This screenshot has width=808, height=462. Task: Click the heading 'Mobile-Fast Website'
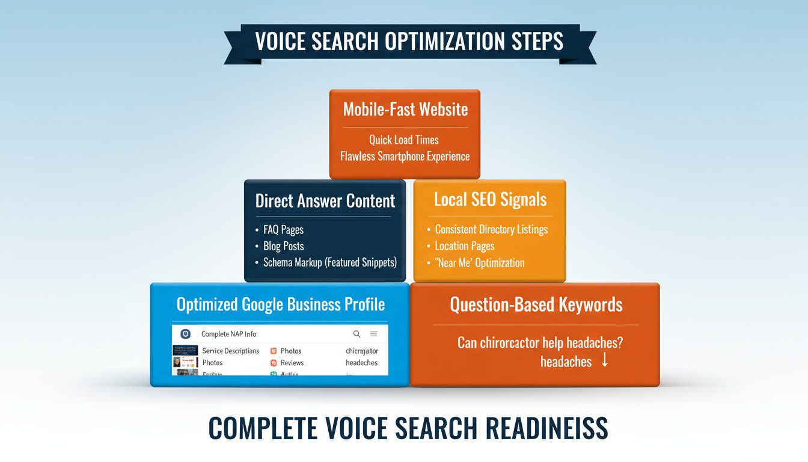coord(405,109)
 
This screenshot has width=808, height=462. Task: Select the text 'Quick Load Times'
coord(404,140)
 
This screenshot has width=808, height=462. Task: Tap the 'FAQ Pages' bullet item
coord(283,230)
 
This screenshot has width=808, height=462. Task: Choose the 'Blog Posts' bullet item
coord(283,246)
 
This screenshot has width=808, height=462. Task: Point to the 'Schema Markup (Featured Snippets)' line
coord(330,263)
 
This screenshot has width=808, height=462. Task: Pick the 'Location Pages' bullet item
coord(465,246)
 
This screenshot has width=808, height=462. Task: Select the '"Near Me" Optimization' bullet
coord(480,263)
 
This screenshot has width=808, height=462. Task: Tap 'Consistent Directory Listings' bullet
coord(491,230)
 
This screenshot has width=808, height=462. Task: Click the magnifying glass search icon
coord(357,334)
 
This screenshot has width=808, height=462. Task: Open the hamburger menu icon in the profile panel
coord(374,334)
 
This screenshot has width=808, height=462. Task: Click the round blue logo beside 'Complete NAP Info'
coord(185,334)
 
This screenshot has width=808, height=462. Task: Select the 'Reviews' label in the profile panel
coord(292,363)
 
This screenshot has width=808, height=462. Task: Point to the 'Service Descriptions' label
coord(231,351)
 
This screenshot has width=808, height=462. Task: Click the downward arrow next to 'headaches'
coord(605,361)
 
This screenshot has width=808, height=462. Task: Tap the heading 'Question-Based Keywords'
coord(536,305)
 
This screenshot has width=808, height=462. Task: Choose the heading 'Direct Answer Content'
coord(325,201)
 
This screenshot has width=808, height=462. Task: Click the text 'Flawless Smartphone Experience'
coord(405,156)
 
